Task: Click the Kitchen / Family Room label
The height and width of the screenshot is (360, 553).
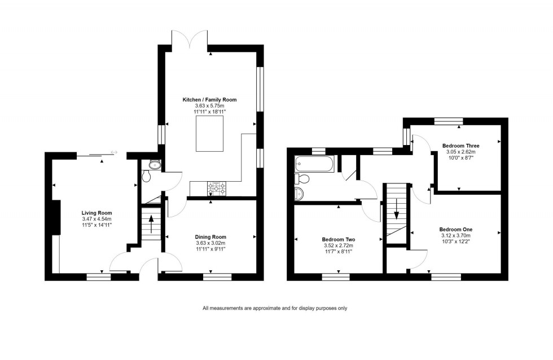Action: click(x=209, y=99)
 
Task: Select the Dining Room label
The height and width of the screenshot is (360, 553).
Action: click(x=210, y=236)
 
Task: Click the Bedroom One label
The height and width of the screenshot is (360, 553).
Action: click(x=455, y=229)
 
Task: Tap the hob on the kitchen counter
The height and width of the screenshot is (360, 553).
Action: click(x=217, y=188)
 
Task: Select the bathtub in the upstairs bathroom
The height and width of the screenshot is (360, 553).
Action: click(x=314, y=164)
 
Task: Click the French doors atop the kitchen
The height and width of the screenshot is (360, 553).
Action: click(x=190, y=38)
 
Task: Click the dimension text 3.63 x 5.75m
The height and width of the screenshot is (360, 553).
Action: click(x=209, y=106)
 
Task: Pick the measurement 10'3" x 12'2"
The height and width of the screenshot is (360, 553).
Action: click(x=455, y=242)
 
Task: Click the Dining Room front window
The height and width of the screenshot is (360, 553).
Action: click(x=217, y=276)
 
